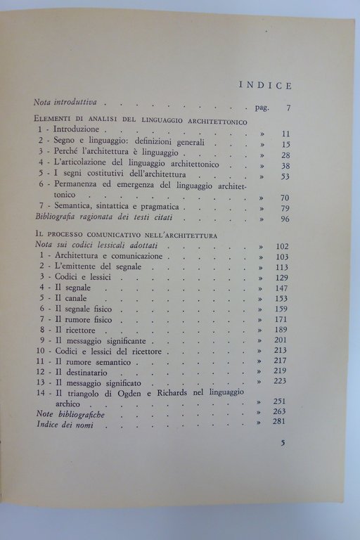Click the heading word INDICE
(265, 86)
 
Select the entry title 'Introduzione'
(79, 131)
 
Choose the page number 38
(286, 166)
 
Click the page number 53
(286, 177)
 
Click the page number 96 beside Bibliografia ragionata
(286, 219)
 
